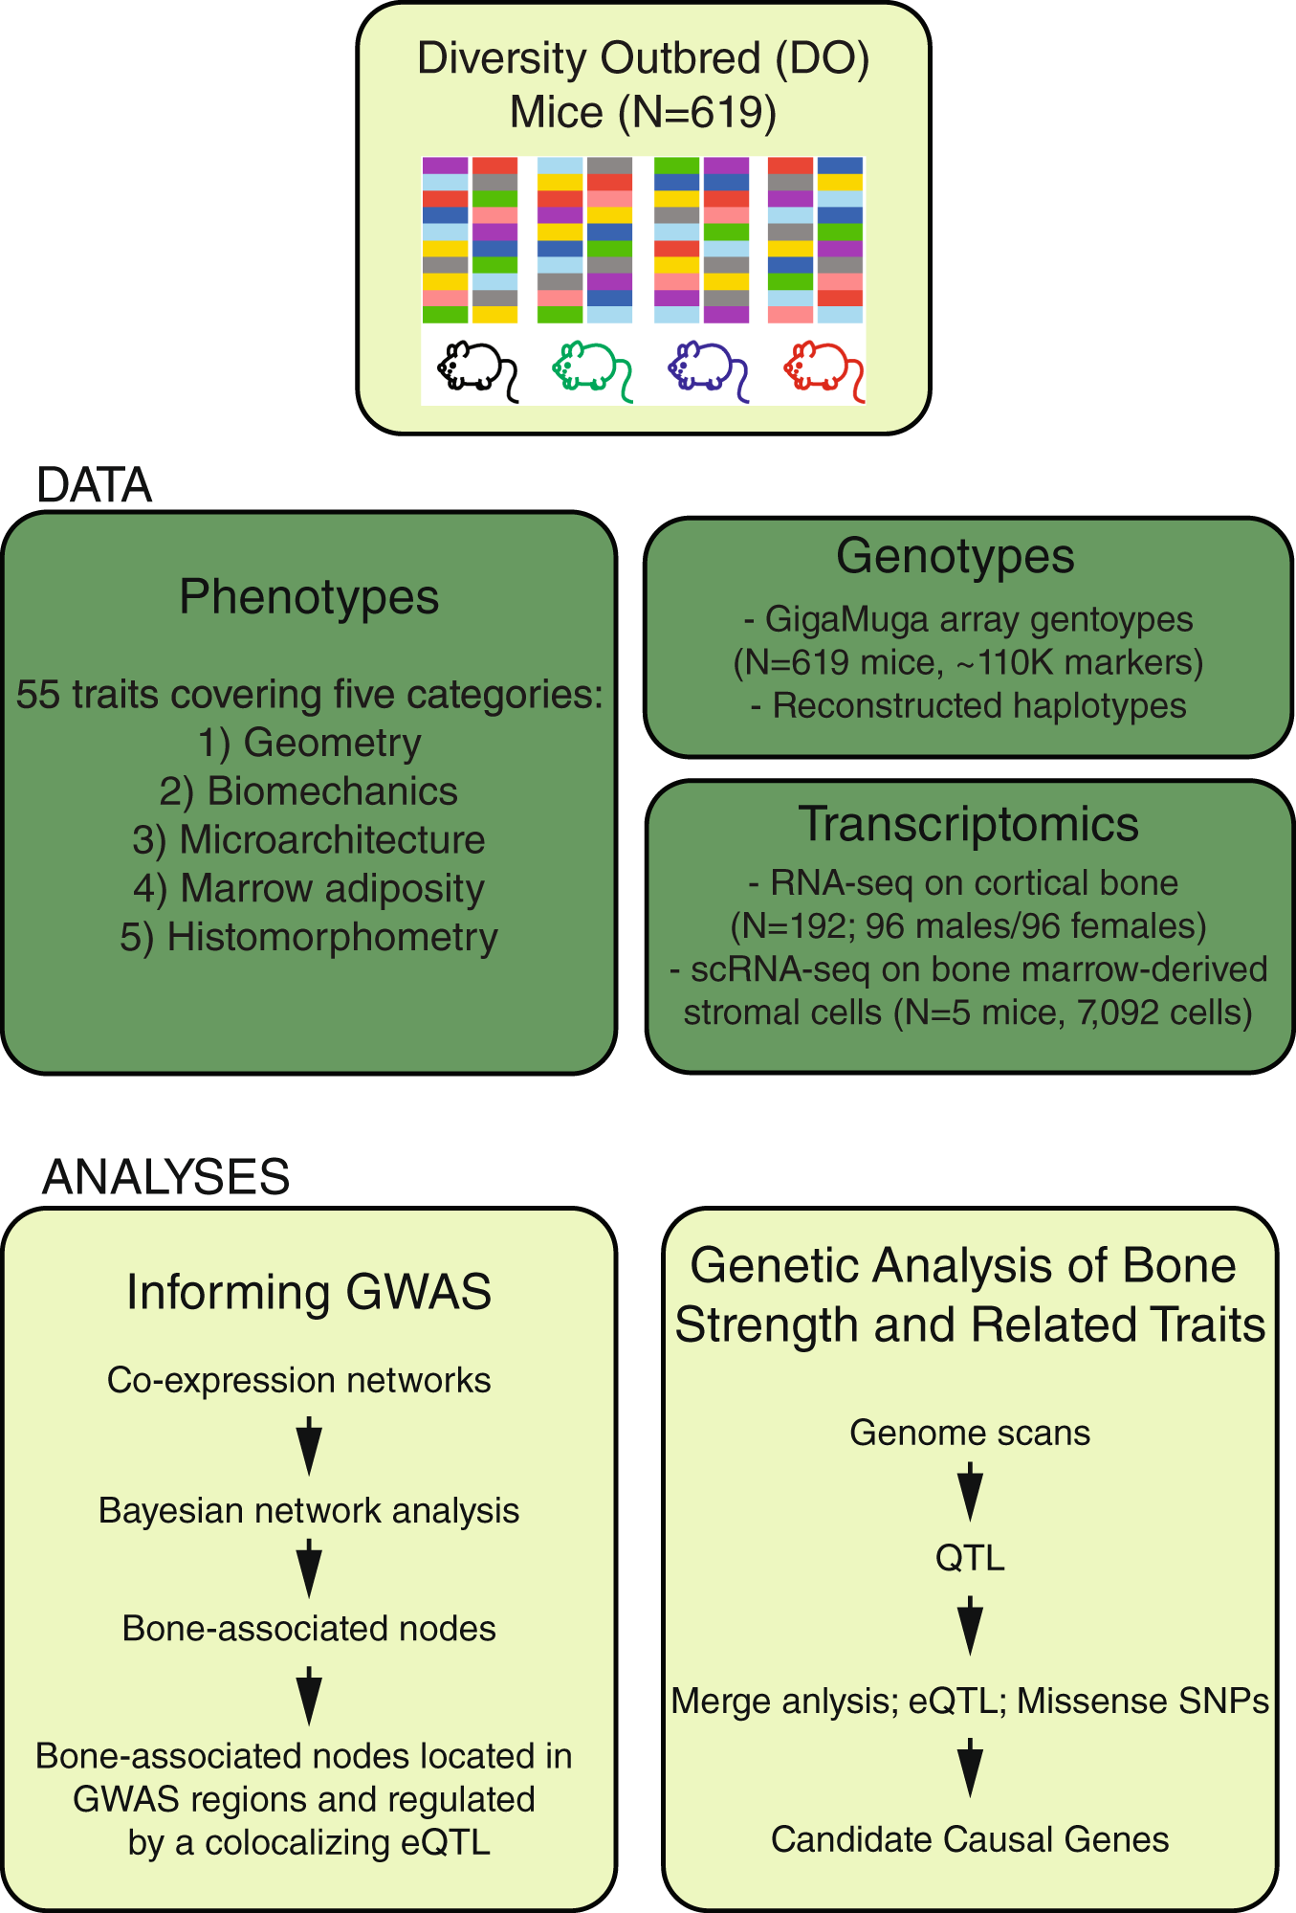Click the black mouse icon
pos(475,367)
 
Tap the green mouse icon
pos(591,367)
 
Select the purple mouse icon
pos(706,367)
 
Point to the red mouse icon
pos(822,367)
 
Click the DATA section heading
pos(94,485)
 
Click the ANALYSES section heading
pos(165,1176)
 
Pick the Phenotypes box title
pos(309,597)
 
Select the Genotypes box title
pos(955,556)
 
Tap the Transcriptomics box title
pos(968,824)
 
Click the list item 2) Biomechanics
pos(309,791)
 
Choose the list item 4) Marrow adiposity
pos(309,889)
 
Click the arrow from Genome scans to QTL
pos(969,1492)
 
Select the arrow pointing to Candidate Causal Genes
pos(969,1768)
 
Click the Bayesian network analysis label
pos(309,1511)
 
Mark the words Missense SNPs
pos(1142,1702)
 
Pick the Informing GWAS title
pos(309,1292)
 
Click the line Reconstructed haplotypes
pos(978,706)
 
